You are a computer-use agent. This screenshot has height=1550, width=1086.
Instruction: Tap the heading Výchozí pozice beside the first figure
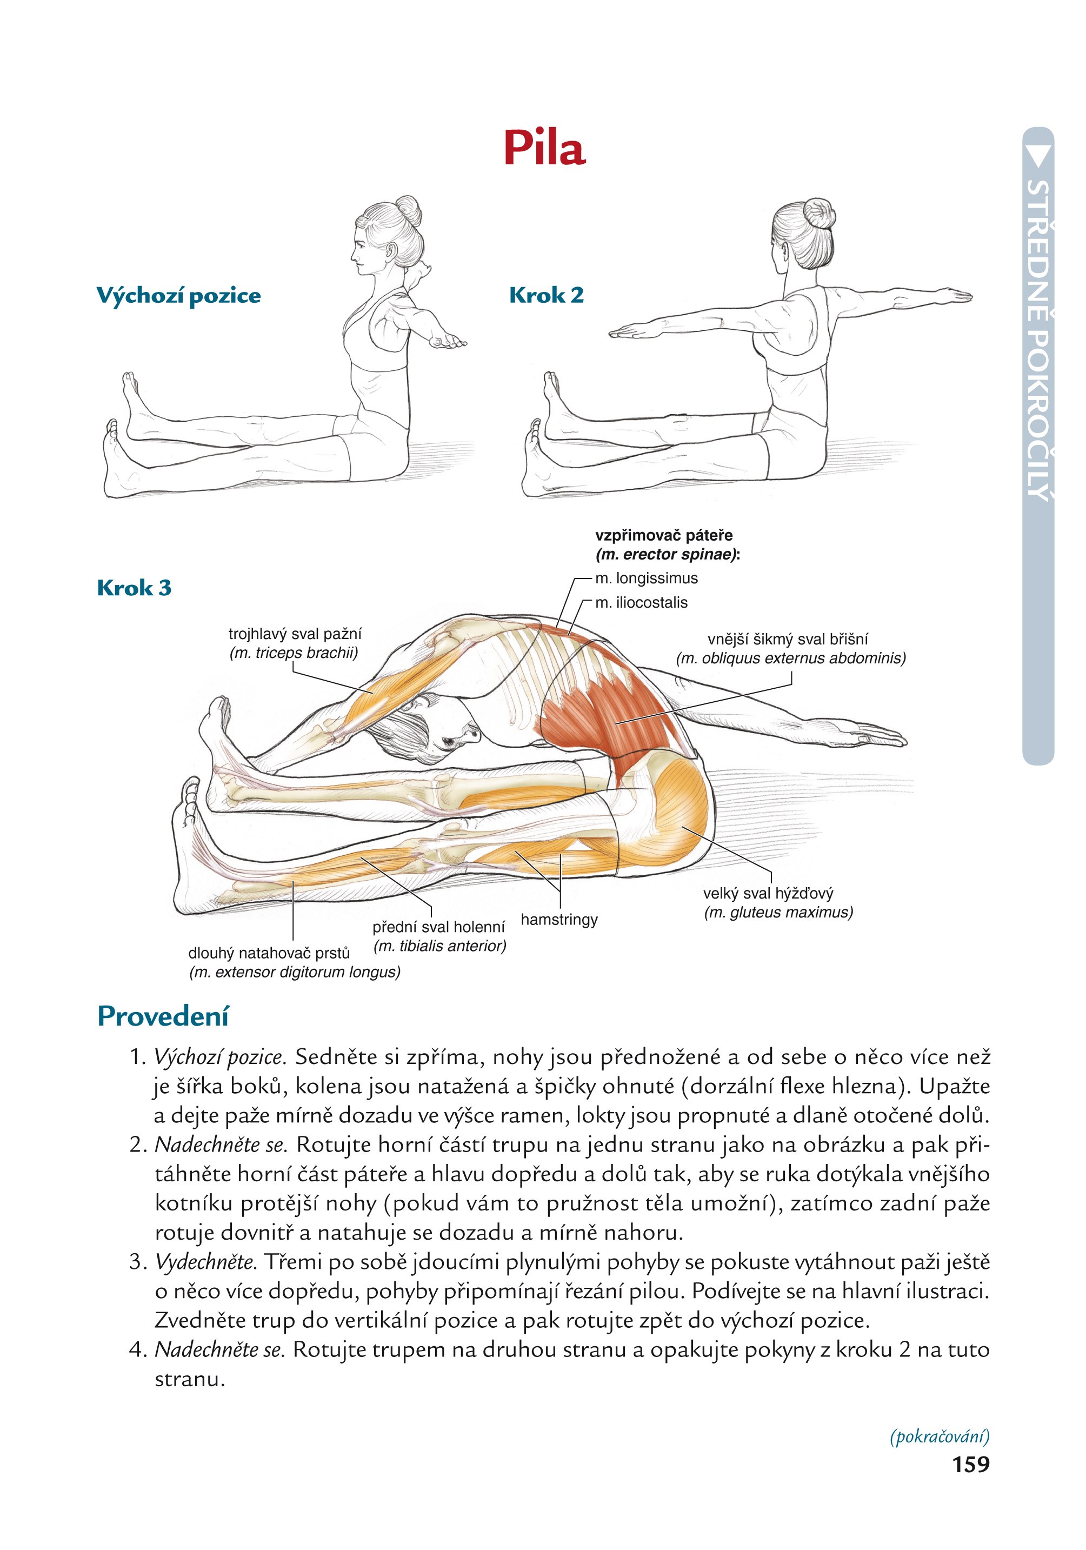click(x=178, y=296)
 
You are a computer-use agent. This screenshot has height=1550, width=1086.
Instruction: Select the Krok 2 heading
click(x=546, y=295)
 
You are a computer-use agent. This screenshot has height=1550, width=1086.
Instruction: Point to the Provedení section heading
click(x=163, y=1015)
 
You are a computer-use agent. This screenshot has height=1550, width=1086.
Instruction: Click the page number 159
click(x=970, y=1463)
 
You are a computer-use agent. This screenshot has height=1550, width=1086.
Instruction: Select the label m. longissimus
click(x=646, y=578)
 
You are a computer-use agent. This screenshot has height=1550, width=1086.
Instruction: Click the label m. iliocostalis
click(x=641, y=602)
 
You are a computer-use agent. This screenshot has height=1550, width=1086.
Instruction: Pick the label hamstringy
click(x=559, y=920)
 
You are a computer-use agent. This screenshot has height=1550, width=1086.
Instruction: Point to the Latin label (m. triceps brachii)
click(x=294, y=653)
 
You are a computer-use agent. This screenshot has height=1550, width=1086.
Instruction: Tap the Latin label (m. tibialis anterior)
click(x=439, y=946)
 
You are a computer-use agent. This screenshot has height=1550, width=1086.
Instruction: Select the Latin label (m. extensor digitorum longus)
click(x=294, y=972)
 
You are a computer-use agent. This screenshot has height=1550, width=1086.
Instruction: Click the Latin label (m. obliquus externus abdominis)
click(x=790, y=658)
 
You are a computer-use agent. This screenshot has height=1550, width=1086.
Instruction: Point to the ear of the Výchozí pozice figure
click(x=391, y=251)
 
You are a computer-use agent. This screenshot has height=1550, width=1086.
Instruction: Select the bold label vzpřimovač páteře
click(x=663, y=535)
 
